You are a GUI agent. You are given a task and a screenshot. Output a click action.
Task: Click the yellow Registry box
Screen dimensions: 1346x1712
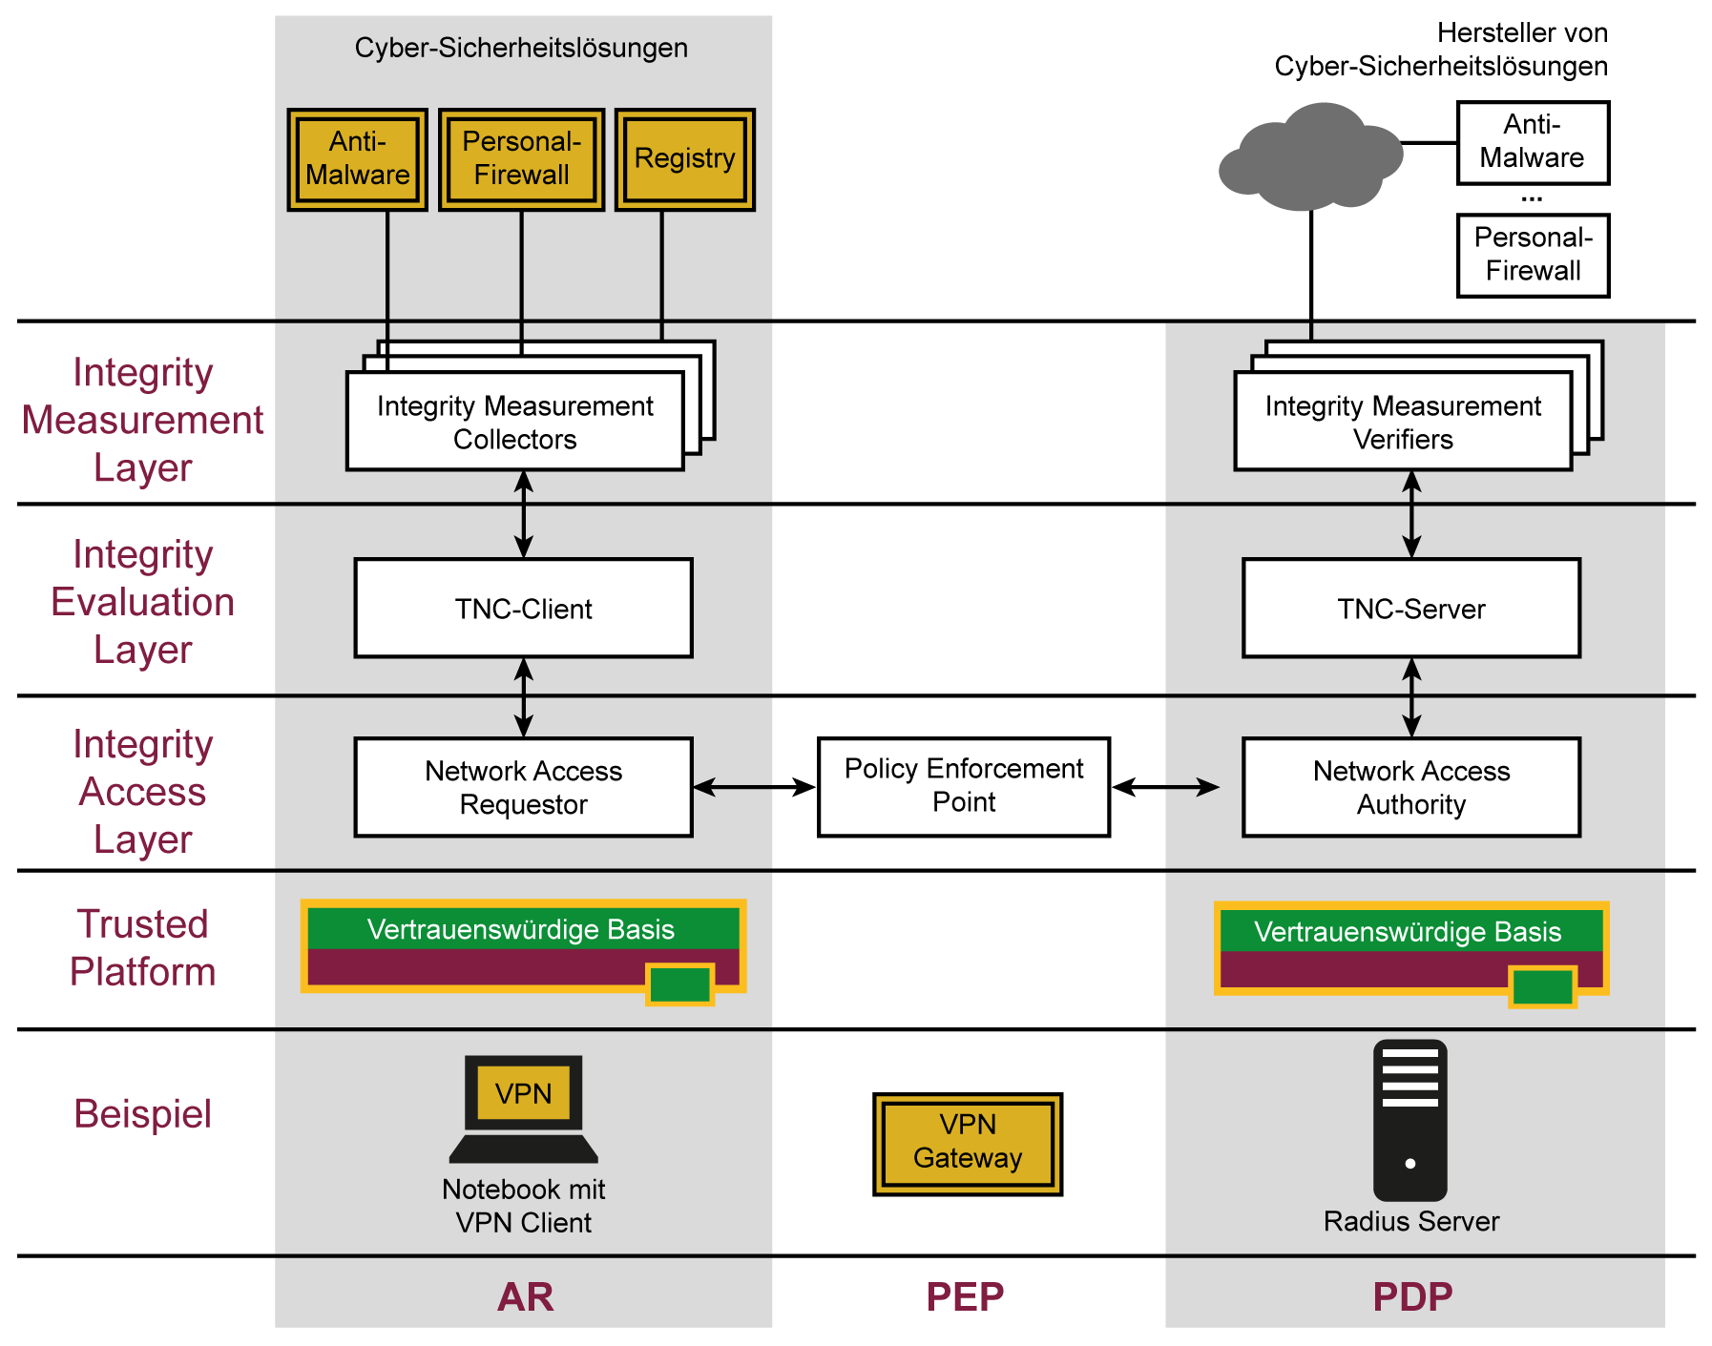tap(684, 159)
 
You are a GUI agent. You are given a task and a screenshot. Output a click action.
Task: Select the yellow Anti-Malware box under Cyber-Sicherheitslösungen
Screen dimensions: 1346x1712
tap(357, 159)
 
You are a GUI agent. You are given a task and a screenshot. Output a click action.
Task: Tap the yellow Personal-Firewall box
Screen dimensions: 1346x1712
tap(521, 159)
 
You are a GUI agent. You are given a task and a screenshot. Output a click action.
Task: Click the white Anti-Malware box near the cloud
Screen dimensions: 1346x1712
tap(1533, 143)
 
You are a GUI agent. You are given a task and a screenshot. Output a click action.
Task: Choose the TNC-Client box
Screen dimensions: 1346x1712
tap(523, 609)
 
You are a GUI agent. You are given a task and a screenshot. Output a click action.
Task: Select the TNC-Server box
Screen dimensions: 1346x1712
tap(1410, 609)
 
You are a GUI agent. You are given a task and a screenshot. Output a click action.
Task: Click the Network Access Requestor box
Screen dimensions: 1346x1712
tap(523, 787)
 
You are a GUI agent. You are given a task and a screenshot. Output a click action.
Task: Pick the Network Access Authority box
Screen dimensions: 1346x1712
tap(1410, 787)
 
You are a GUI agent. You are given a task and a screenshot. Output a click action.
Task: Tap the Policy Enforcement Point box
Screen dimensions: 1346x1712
tap(963, 786)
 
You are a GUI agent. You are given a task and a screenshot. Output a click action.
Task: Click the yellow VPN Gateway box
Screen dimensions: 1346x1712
tap(967, 1143)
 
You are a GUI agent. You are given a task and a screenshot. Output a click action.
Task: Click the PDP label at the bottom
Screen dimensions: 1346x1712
tap(1411, 1296)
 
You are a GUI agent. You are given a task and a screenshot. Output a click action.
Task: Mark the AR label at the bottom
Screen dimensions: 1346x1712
tap(525, 1296)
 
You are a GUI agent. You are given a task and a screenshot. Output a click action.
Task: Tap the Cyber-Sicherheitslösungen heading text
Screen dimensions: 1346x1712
tap(521, 48)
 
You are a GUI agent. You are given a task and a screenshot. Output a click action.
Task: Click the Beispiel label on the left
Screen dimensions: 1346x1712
tap(143, 1114)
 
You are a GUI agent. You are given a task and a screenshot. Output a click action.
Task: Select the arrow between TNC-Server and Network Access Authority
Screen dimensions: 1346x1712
tap(1411, 697)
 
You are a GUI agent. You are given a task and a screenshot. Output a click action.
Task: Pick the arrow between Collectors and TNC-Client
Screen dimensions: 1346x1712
tap(523, 514)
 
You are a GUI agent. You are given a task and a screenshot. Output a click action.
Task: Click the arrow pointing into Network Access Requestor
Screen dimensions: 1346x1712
tap(732, 787)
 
